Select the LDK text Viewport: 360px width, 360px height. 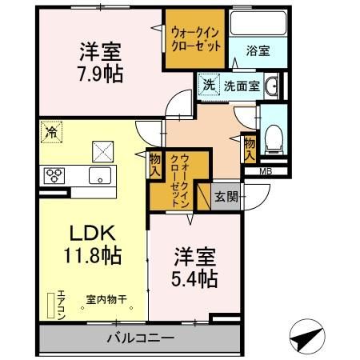pyautogui.click(x=92, y=233)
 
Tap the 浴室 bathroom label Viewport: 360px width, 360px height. pyautogui.click(x=258, y=50)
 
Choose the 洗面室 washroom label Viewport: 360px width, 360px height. pyautogui.click(x=241, y=86)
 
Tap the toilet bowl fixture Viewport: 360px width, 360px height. pyautogui.click(x=274, y=138)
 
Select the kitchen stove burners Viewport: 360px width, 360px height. pyautogui.click(x=54, y=175)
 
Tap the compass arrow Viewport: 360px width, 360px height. pyautogui.click(x=305, y=338)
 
